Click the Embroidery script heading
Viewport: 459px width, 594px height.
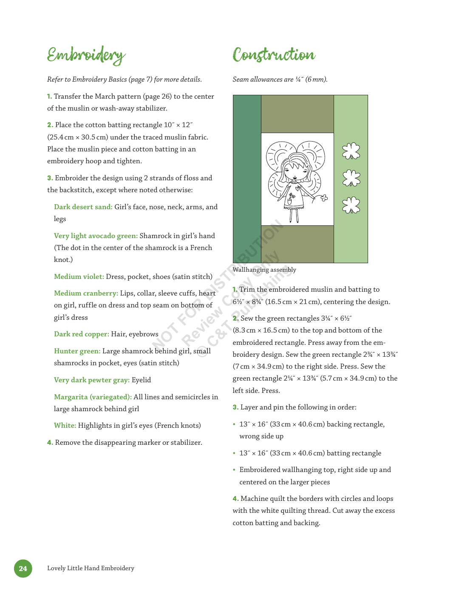click(86, 55)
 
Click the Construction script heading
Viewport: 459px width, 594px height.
click(274, 55)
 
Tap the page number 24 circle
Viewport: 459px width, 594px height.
click(23, 568)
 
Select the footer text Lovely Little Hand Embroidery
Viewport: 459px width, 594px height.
click(91, 568)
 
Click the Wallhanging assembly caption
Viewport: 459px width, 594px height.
click(264, 270)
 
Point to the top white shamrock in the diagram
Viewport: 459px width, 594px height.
click(351, 151)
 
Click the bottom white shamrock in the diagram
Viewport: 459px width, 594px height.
click(351, 205)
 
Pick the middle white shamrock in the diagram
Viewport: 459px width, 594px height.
click(351, 178)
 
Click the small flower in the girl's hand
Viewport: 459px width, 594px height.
click(324, 198)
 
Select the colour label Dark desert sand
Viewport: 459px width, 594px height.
click(83, 207)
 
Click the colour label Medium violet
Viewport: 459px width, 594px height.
click(79, 277)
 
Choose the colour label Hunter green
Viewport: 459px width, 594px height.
click(77, 351)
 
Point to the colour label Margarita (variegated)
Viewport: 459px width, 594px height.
click(93, 397)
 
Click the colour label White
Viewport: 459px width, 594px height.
click(65, 426)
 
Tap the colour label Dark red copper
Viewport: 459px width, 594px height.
click(81, 334)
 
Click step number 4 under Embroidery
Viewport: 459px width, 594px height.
click(50, 443)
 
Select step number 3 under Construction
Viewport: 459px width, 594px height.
click(235, 407)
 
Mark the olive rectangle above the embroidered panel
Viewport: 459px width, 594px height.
click(297, 114)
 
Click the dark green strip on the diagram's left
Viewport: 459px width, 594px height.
click(247, 179)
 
